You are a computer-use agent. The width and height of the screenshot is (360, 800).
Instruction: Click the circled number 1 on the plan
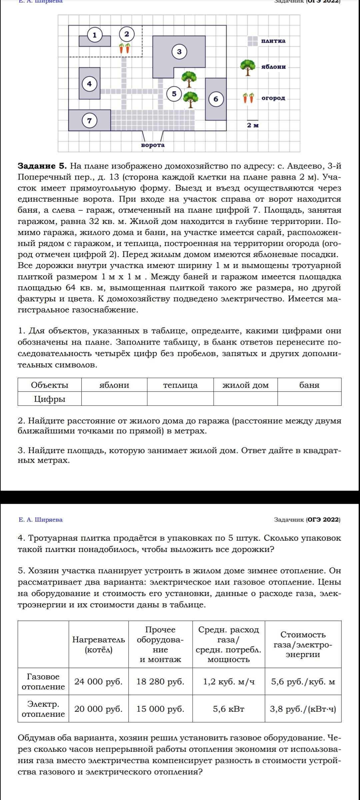95,35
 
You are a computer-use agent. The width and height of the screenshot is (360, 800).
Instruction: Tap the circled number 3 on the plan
179,52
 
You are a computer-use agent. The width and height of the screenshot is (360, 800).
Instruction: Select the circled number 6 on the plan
216,99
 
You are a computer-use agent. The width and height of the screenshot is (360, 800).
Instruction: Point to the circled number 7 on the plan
89,120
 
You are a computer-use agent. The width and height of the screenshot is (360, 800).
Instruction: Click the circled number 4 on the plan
89,83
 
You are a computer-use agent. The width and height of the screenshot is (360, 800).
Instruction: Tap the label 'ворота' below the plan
153,145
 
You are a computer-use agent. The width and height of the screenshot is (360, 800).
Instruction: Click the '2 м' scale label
253,125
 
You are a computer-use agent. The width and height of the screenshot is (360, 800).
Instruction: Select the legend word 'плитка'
273,41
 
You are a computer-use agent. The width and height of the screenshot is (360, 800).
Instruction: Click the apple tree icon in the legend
248,67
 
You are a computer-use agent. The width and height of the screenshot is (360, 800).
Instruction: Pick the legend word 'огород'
273,98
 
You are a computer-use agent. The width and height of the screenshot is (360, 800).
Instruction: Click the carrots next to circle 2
125,48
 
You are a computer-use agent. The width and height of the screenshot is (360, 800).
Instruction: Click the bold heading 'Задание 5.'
42,166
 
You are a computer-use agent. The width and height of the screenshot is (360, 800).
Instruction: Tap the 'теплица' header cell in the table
180,385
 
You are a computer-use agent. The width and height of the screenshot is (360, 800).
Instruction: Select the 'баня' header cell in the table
309,385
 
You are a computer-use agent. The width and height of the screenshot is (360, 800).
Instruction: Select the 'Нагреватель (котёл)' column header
99,644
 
